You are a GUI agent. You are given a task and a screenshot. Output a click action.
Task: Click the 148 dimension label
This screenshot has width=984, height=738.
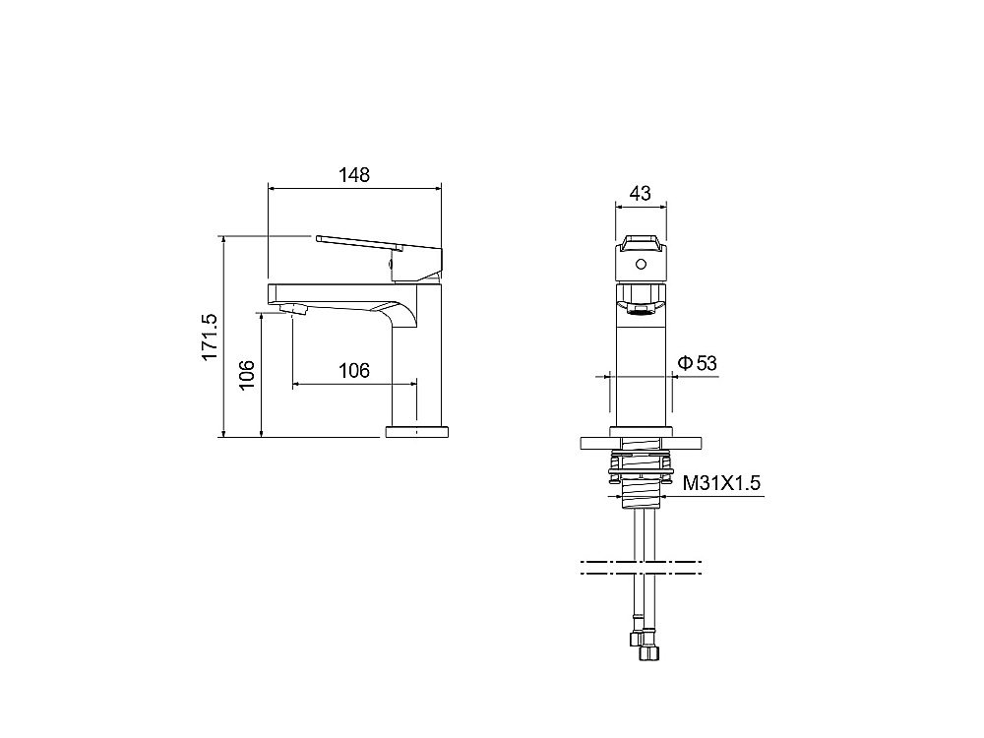tap(354, 174)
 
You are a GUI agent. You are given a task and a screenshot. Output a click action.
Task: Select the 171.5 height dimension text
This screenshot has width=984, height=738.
tap(210, 337)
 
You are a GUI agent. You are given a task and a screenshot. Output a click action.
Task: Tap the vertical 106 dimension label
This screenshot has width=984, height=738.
tap(247, 375)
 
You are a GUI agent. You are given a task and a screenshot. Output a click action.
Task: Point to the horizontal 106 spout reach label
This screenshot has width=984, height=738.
tap(354, 370)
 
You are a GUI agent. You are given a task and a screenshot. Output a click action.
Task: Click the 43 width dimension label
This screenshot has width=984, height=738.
tap(641, 193)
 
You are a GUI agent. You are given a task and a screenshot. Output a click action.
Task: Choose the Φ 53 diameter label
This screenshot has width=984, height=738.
tap(698, 363)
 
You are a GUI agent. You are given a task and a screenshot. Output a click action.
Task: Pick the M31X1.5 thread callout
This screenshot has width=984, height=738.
tap(721, 482)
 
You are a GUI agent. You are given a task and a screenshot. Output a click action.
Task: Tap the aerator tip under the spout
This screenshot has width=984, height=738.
tap(293, 308)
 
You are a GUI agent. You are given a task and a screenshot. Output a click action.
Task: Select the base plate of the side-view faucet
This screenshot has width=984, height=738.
tap(416, 432)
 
